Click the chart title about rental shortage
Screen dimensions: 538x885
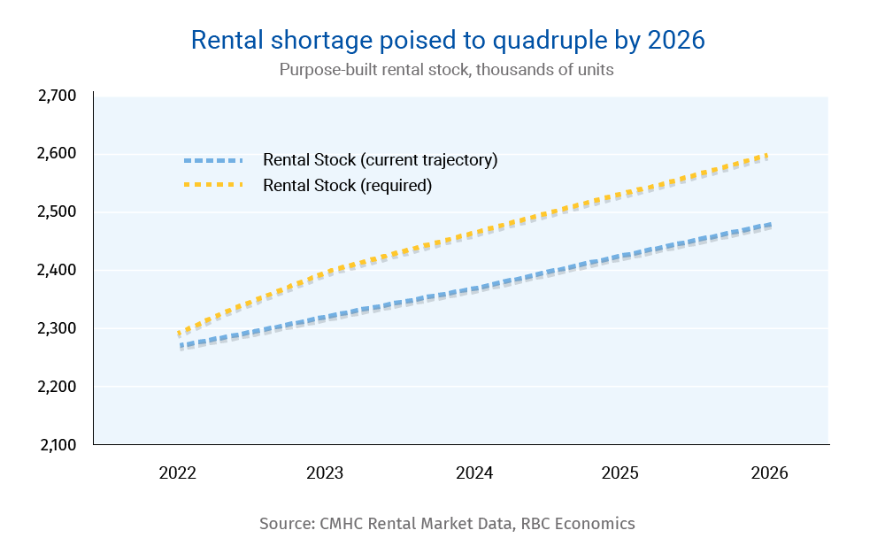[448, 40]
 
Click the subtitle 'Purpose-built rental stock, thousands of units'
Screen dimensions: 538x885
[446, 70]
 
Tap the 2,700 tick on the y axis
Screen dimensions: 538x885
[58, 96]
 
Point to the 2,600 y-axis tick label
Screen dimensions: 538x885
[58, 154]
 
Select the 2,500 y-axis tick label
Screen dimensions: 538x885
[58, 212]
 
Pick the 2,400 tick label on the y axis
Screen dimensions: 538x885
[58, 271]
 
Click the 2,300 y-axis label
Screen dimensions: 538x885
[58, 328]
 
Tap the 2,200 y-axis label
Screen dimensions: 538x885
[58, 387]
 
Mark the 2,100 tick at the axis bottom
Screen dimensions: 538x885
[58, 445]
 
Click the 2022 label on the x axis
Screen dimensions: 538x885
[178, 473]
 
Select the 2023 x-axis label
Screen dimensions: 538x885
[325, 473]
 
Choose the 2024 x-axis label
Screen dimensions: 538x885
[474, 473]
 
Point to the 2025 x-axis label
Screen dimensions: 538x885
[619, 473]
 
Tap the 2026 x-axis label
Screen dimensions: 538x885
[768, 473]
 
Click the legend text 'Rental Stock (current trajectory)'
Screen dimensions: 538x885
[381, 160]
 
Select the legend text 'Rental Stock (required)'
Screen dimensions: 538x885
[347, 186]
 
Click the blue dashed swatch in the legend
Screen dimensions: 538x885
[212, 160]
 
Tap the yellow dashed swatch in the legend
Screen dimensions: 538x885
[212, 185]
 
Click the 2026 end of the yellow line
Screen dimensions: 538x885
[766, 156]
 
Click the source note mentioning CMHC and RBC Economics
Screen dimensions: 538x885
[447, 523]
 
